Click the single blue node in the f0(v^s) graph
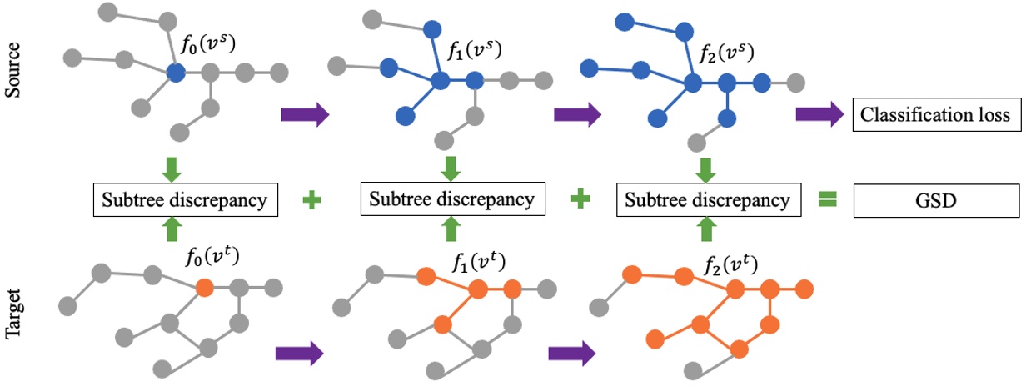(x=175, y=73)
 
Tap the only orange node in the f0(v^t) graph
(x=206, y=289)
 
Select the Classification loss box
(x=936, y=115)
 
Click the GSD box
(x=936, y=200)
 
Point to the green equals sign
(x=827, y=200)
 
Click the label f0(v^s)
(x=211, y=44)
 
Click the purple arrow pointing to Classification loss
(x=819, y=115)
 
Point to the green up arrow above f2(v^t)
(x=705, y=229)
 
